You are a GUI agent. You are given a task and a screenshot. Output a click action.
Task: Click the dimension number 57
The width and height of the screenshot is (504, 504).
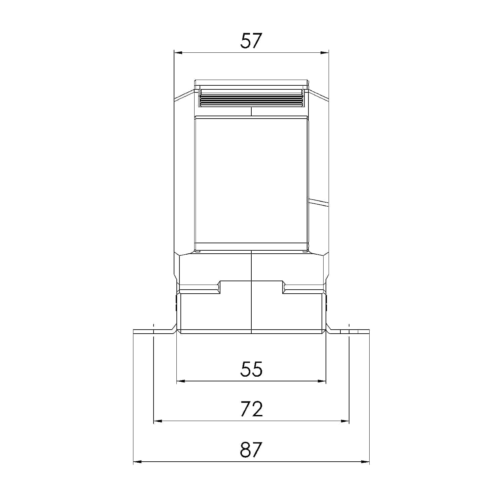pyautogui.click(x=251, y=41)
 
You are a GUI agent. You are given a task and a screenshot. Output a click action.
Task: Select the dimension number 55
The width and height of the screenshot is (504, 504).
pyautogui.click(x=251, y=369)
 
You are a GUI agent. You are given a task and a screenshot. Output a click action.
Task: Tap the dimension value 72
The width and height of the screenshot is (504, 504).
pyautogui.click(x=252, y=409)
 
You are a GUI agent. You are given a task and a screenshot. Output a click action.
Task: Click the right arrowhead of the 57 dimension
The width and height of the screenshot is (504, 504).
pyautogui.click(x=325, y=53)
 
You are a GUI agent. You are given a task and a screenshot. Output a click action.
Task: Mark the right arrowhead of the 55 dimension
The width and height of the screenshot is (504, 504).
pyautogui.click(x=322, y=381)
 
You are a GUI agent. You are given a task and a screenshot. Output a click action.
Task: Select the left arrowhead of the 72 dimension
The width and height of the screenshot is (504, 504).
pyautogui.click(x=158, y=421)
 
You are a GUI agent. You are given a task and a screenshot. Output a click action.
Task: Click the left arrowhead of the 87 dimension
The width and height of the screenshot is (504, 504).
pyautogui.click(x=138, y=462)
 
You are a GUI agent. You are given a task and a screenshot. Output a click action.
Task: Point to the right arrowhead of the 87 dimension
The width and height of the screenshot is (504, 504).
pyautogui.click(x=365, y=462)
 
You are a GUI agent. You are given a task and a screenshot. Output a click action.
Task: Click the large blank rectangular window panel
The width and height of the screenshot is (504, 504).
pyautogui.click(x=251, y=180)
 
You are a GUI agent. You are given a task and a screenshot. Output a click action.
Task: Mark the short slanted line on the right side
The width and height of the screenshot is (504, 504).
pyautogui.click(x=318, y=202)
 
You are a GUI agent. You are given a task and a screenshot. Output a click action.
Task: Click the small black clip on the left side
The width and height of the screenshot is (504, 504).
pyautogui.click(x=176, y=302)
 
